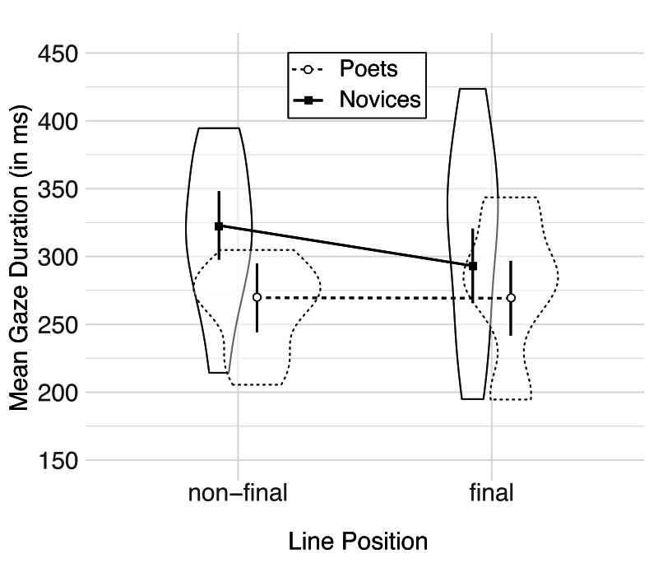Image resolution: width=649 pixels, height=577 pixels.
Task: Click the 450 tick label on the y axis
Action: pyautogui.click(x=58, y=54)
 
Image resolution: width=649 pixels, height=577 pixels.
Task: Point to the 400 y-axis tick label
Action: pyautogui.click(x=58, y=122)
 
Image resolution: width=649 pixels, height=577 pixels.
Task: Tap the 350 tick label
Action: pyautogui.click(x=58, y=189)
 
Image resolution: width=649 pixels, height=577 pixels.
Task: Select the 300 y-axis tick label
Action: pyautogui.click(x=58, y=258)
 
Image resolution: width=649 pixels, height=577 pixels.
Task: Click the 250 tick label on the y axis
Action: pyautogui.click(x=58, y=325)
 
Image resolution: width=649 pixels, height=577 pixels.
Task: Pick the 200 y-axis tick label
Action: pyautogui.click(x=58, y=393)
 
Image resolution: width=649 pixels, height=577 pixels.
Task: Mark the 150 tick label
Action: pyautogui.click(x=58, y=461)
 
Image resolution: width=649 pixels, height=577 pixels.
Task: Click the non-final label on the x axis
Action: pyautogui.click(x=238, y=493)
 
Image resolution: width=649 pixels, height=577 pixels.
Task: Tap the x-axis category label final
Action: pyautogui.click(x=492, y=493)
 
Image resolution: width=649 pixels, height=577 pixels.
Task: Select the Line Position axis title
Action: pyautogui.click(x=358, y=542)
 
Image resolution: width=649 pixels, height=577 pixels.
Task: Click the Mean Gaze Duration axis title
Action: pyautogui.click(x=19, y=258)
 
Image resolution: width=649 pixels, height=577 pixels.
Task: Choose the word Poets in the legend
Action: pyautogui.click(x=369, y=69)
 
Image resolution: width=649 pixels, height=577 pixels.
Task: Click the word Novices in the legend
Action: pyautogui.click(x=380, y=100)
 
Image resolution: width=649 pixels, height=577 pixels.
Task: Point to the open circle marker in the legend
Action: pyautogui.click(x=307, y=69)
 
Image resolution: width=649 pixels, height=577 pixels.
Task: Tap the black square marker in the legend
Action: pyautogui.click(x=308, y=100)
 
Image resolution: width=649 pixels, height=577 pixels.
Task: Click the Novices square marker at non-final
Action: pyautogui.click(x=219, y=226)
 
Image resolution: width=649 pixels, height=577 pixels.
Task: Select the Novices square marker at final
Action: pyautogui.click(x=473, y=266)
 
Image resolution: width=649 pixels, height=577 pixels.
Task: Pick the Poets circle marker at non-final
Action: pyautogui.click(x=257, y=297)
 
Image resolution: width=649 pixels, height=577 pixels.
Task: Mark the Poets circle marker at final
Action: pyautogui.click(x=511, y=298)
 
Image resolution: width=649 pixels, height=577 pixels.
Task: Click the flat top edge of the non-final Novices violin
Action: pyautogui.click(x=219, y=128)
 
